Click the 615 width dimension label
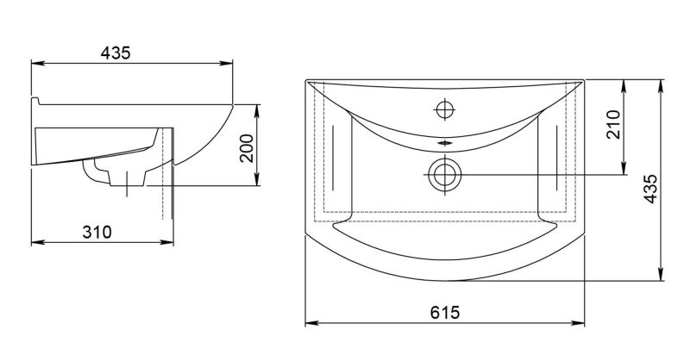(444, 313)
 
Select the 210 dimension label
(613, 124)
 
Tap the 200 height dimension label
(247, 148)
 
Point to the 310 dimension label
(97, 232)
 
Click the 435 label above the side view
(116, 53)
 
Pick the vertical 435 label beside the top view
(650, 189)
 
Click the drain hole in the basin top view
(444, 175)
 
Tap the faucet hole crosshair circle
(444, 109)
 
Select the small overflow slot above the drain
(444, 143)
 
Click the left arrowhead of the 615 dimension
(311, 323)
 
